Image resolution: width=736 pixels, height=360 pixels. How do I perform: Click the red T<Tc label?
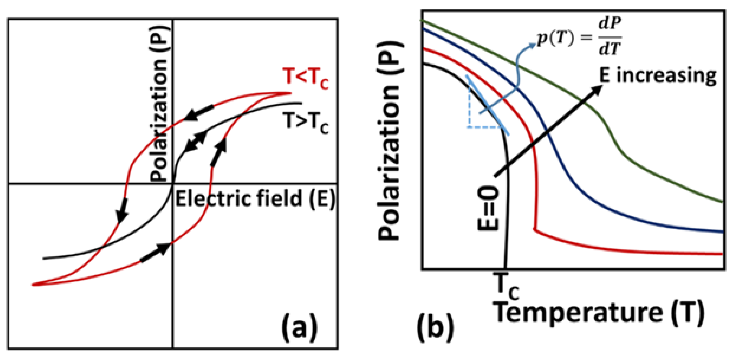(x=306, y=78)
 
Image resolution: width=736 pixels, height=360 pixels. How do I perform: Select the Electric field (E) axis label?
(x=256, y=199)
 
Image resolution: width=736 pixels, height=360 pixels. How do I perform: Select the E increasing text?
(x=658, y=76)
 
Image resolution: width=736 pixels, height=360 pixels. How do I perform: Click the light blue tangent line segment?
(x=488, y=105)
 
